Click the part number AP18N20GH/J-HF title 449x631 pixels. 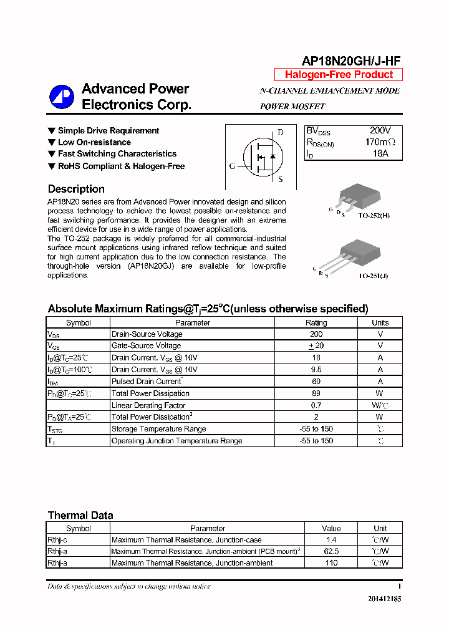(351, 60)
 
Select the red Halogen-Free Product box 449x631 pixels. (339, 75)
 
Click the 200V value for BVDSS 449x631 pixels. (380, 130)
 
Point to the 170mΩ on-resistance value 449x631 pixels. (380, 142)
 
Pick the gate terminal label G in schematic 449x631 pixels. (232, 166)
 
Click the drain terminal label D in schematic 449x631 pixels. (281, 132)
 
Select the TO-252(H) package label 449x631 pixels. (374, 214)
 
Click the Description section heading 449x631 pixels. (76, 189)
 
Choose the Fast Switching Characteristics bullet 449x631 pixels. (117, 154)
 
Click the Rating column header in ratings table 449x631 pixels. (316, 322)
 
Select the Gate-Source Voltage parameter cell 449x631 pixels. (146, 345)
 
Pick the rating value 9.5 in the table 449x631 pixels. (316, 369)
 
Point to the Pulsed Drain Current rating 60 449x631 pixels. (316, 381)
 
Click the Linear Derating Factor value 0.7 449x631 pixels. (316, 405)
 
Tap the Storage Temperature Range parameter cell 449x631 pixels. (158, 429)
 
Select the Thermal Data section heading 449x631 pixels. (80, 515)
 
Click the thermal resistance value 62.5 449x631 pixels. (331, 551)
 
